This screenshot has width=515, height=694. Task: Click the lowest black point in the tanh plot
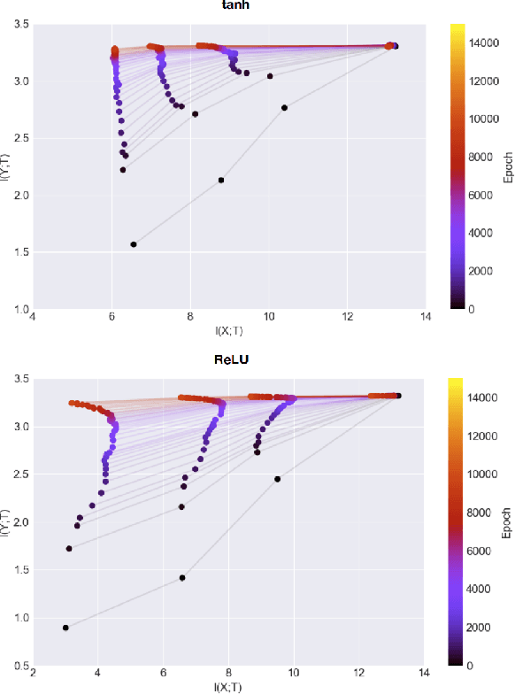click(134, 244)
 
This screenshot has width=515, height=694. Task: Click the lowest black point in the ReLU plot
click(65, 628)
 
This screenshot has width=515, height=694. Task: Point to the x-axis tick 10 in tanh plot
click(269, 317)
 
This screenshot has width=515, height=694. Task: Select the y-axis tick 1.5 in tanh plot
click(20, 252)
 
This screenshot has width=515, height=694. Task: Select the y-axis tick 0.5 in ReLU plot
click(20, 666)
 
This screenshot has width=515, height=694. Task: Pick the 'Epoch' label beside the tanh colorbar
click(508, 166)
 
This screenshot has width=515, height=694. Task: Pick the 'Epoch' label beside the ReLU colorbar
click(508, 522)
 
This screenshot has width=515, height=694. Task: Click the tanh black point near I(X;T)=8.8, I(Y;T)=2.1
click(221, 181)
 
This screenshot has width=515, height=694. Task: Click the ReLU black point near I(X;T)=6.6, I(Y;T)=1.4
click(182, 578)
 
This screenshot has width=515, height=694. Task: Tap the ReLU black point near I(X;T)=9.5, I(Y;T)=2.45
click(277, 479)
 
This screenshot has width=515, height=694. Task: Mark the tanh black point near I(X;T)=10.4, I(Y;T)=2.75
click(284, 108)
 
